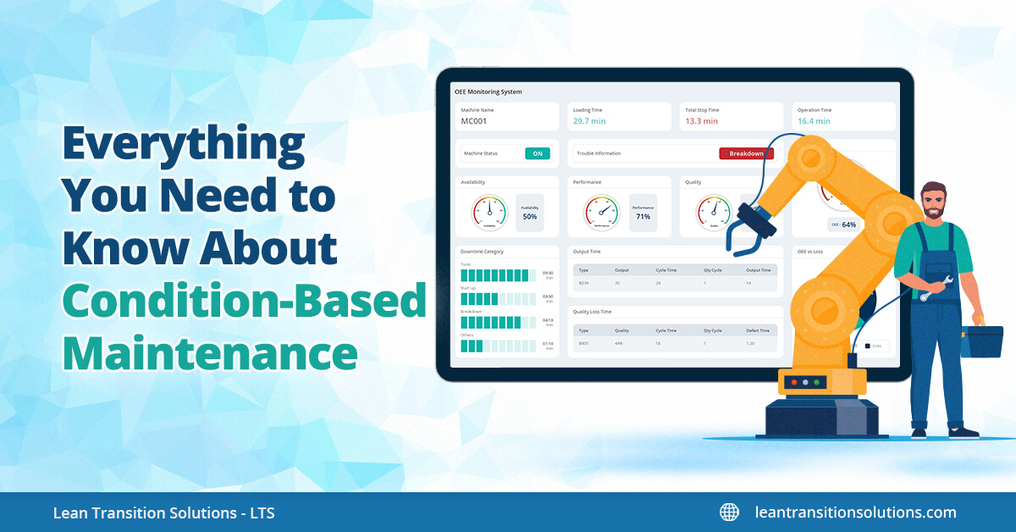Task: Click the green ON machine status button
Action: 537,153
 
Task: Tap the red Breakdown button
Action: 746,153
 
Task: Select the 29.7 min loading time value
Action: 589,121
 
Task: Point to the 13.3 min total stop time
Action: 701,121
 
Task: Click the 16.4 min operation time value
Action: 814,121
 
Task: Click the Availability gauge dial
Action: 489,212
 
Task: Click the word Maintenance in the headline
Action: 209,352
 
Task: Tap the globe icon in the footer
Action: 729,513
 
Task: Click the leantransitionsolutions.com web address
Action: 855,513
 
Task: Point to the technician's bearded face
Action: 934,204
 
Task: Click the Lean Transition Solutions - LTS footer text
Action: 163,513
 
